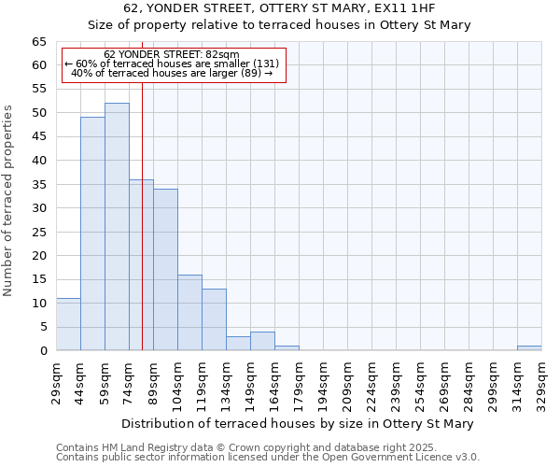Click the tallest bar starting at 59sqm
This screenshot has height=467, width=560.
117,227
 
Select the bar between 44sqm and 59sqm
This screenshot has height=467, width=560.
92,233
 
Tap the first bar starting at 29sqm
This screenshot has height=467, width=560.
68,324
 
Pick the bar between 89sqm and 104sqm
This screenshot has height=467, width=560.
165,270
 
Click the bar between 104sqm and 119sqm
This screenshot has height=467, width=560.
189,313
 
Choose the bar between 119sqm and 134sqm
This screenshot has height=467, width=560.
214,319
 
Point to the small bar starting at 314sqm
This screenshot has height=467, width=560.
529,348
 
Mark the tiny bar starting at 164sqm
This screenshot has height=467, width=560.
287,348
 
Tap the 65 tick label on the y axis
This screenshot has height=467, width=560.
38,42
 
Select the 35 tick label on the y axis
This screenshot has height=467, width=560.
38,184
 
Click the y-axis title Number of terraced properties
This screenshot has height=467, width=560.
9,200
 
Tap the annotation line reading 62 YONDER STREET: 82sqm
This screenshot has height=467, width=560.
172,54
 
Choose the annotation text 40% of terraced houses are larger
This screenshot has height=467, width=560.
172,73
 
